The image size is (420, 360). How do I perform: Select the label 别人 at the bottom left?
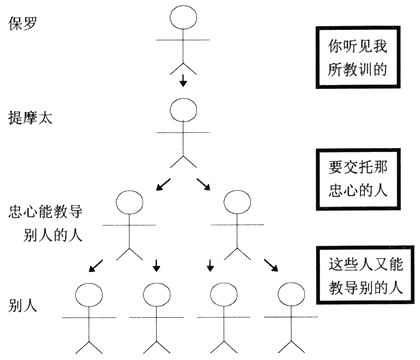[23, 302]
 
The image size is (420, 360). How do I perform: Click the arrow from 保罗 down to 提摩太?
[182, 77]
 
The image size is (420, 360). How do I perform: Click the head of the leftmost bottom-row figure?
[89, 297]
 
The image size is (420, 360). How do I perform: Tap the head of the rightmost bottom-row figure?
[288, 297]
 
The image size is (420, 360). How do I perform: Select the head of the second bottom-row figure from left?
[158, 297]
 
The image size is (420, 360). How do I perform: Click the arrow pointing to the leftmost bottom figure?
[96, 266]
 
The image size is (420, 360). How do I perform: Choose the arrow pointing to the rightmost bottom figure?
[272, 266]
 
